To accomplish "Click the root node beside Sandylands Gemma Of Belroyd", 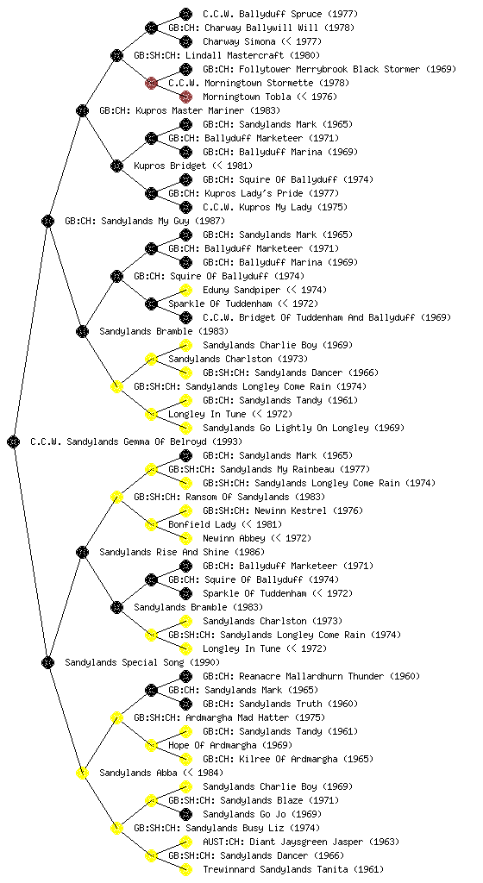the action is pyautogui.click(x=14, y=441).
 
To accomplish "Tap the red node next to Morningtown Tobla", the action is pyautogui.click(x=185, y=97).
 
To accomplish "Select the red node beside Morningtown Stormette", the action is pyautogui.click(x=151, y=83).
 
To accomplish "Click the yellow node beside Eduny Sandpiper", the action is pyautogui.click(x=185, y=290).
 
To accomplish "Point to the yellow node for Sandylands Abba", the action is pyautogui.click(x=82, y=773).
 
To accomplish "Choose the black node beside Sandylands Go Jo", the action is pyautogui.click(x=185, y=814).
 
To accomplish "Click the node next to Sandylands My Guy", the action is pyautogui.click(x=47, y=221).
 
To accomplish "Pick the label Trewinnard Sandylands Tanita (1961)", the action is pyautogui.click(x=293, y=869).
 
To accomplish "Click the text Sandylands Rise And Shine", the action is pyautogui.click(x=164, y=552).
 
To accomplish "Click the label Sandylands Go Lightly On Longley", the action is pyautogui.click(x=285, y=428).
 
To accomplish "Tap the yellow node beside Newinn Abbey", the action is pyautogui.click(x=185, y=538).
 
